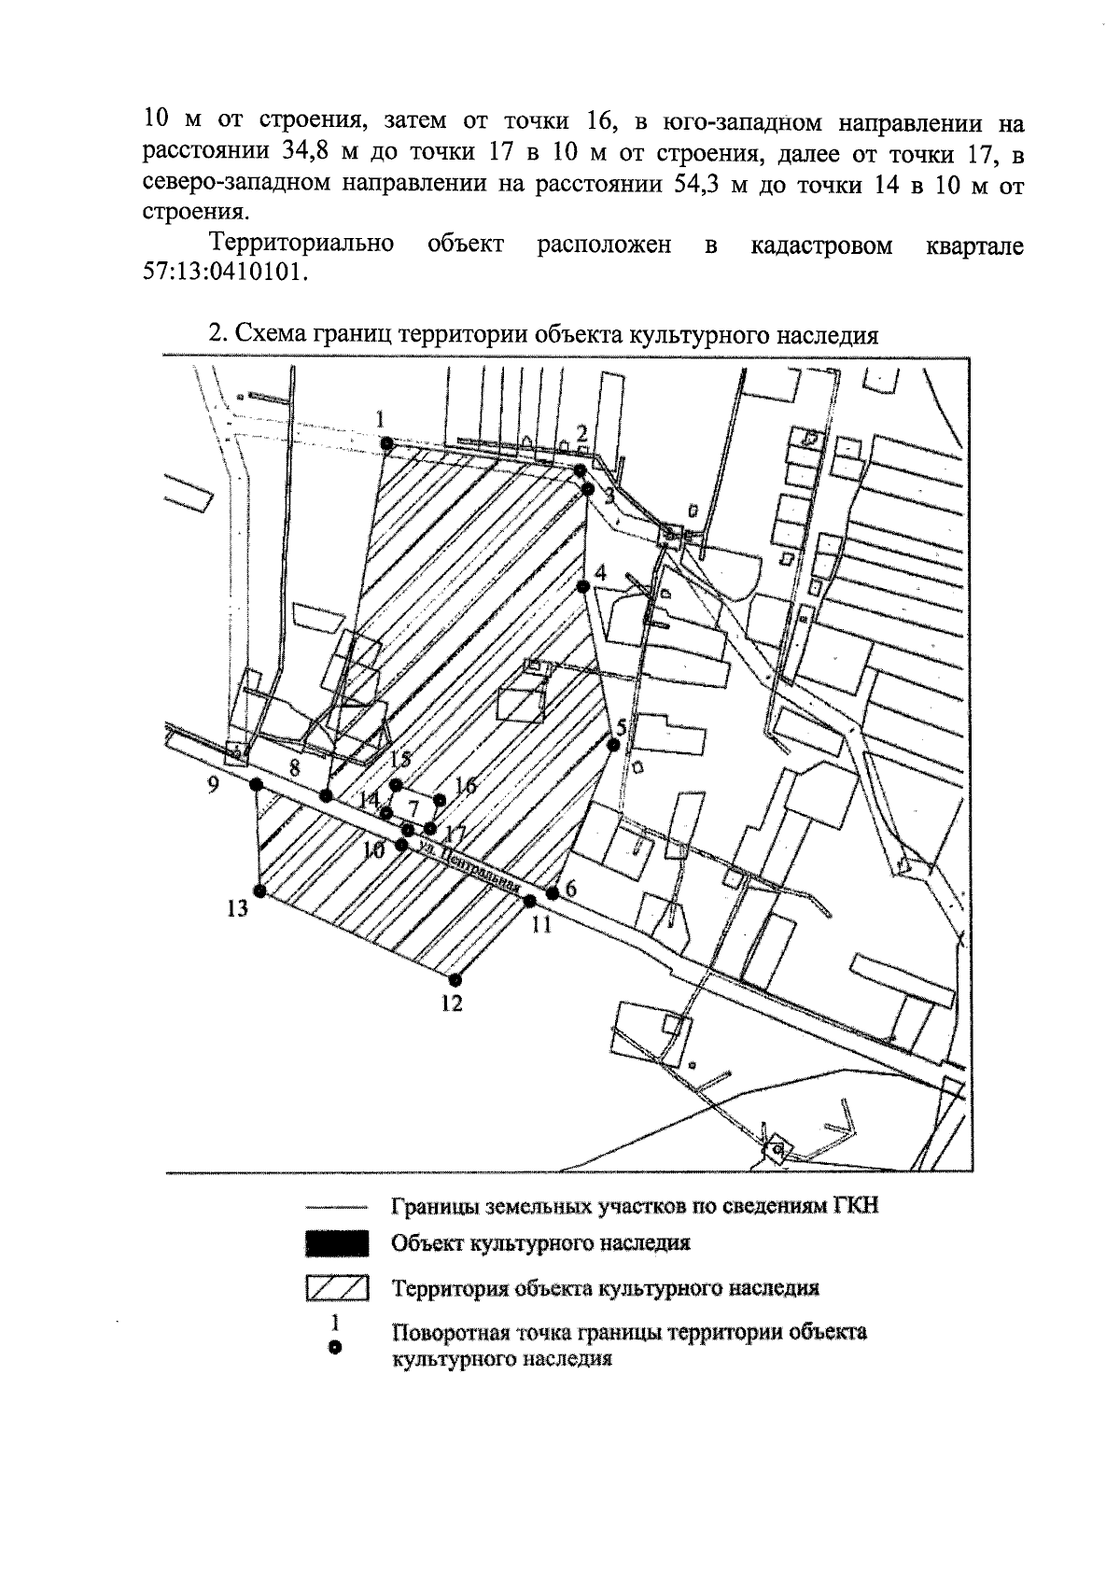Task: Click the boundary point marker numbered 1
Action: pyautogui.click(x=385, y=443)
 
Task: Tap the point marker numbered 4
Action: pyautogui.click(x=582, y=586)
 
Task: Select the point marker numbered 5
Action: pyautogui.click(x=613, y=744)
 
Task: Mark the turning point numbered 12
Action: pyautogui.click(x=455, y=980)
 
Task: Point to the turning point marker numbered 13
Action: pyautogui.click(x=260, y=891)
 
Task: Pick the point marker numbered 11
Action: pyautogui.click(x=530, y=901)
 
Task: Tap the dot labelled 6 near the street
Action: pyautogui.click(x=553, y=892)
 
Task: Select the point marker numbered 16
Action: pyautogui.click(x=441, y=799)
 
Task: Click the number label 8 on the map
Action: pyautogui.click(x=295, y=769)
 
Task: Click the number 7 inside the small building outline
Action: pyautogui.click(x=414, y=808)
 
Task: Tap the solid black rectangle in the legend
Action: pyautogui.click(x=337, y=1243)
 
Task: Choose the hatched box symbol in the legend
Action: pyautogui.click(x=337, y=1289)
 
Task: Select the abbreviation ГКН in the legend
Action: pyautogui.click(x=853, y=1206)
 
